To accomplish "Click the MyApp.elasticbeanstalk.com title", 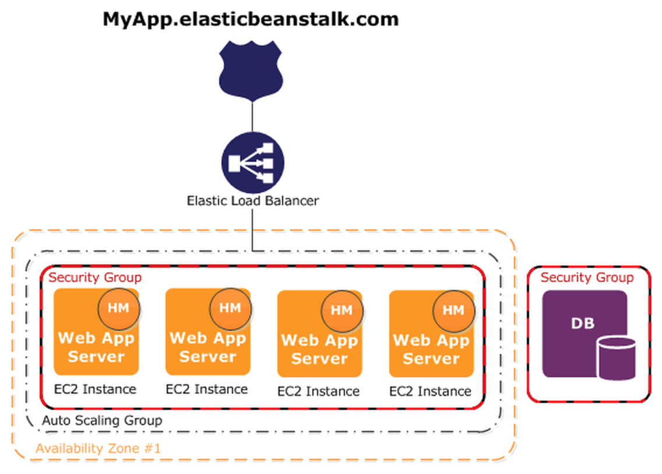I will click(x=251, y=19).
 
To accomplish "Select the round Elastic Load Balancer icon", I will click(x=252, y=162).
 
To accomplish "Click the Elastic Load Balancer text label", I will click(x=252, y=201).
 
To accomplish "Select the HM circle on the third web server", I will click(x=341, y=310).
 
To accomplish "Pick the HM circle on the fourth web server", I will click(x=453, y=310).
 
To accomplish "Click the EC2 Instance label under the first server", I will click(x=96, y=389).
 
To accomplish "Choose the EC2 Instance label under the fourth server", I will click(x=431, y=391).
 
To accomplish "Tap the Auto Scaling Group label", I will click(x=103, y=420).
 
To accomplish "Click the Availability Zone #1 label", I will click(x=98, y=449).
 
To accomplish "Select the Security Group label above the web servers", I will click(x=94, y=277).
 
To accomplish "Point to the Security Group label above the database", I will click(x=587, y=277).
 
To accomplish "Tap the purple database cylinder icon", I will click(x=616, y=358).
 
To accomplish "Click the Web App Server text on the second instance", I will click(x=207, y=347).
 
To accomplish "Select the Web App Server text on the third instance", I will click(x=319, y=349).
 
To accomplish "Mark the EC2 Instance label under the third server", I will click(x=319, y=391).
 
